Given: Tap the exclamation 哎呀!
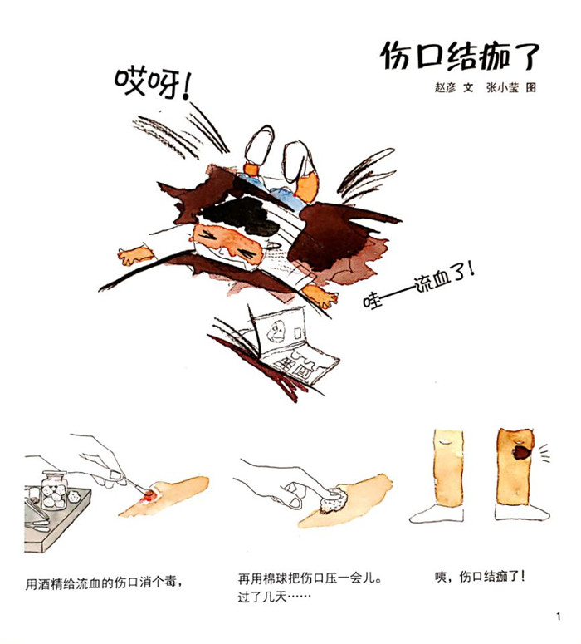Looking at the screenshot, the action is (x=154, y=84).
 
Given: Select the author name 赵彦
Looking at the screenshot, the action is (x=445, y=87).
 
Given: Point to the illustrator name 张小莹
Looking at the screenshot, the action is (x=502, y=87).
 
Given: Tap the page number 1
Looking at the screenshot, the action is (x=558, y=616).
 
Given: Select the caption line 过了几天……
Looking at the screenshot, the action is (x=274, y=597).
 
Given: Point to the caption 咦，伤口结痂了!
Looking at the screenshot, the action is (x=480, y=576).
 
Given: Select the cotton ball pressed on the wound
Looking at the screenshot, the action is (x=334, y=499).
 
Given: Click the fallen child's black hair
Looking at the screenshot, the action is (x=242, y=214).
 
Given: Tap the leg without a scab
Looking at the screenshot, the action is (x=448, y=467).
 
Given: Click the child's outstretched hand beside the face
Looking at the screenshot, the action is (x=134, y=255).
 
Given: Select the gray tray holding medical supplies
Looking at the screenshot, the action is (x=53, y=519).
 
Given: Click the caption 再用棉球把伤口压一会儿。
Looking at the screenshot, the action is (x=310, y=578).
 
